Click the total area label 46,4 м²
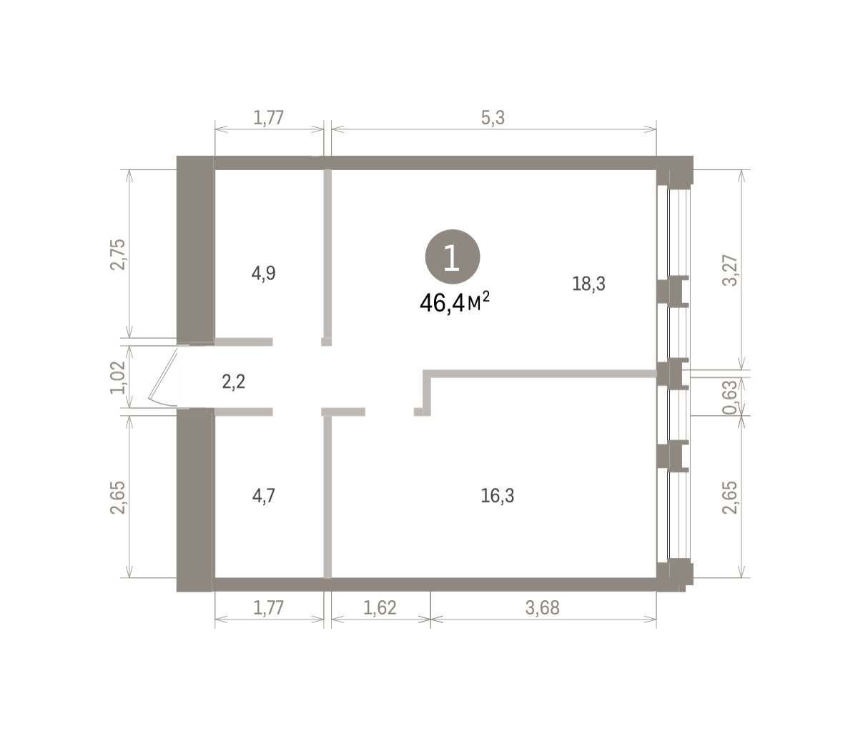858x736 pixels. pos(455,302)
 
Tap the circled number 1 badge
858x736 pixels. pos(453,257)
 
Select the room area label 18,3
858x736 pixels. pos(588,284)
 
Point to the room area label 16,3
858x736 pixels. pos(498,496)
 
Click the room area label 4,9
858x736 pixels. pos(264,274)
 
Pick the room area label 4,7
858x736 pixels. pos(264,496)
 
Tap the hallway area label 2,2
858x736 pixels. pos(234,382)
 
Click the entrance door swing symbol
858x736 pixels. pos(163,377)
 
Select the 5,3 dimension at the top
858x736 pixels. pos(493,118)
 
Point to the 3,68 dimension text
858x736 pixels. pos(543,608)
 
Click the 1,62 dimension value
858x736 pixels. pos(380,608)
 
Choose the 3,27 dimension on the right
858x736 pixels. pos(730,270)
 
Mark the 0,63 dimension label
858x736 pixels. pos(730,397)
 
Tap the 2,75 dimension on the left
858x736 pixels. pos(118,254)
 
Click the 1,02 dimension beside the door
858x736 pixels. pos(118,377)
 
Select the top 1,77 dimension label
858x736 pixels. pos(269,118)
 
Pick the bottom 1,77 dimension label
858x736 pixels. pos(269,608)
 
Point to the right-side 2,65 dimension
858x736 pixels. pos(730,497)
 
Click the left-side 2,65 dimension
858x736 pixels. pos(118,497)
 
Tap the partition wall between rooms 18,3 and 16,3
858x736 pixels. pos(540,374)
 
